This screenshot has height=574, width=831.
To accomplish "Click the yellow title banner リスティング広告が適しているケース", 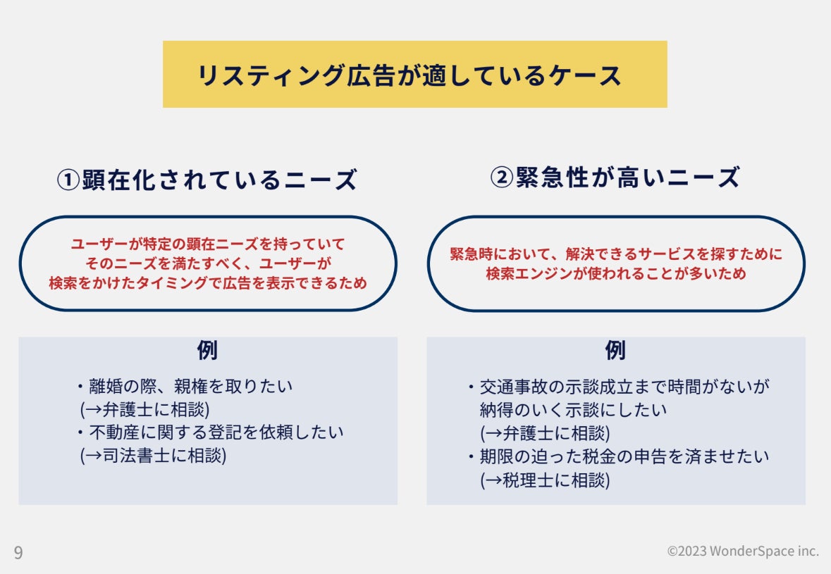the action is point(414,75).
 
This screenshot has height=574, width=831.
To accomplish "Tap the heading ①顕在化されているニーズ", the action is point(207,180).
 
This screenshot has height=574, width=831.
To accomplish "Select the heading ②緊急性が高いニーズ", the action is point(615,177).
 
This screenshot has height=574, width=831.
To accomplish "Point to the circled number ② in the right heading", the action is point(502,178).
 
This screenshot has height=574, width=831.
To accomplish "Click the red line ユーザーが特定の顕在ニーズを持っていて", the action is point(208,244).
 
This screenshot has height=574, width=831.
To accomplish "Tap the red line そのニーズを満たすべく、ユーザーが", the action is point(208,264).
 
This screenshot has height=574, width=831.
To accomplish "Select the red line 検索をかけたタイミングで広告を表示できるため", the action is point(208,283).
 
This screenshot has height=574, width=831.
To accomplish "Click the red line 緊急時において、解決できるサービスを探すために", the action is point(616,254).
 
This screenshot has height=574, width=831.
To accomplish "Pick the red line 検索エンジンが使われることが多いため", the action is point(616,274).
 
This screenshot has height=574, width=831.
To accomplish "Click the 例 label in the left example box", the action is point(207,350).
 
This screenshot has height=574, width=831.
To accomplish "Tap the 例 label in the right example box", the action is point(615,350).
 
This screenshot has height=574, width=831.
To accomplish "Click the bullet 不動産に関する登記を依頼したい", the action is point(211,432).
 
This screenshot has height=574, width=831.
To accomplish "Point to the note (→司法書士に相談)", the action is point(153,455).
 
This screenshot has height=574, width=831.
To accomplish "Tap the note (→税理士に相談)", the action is point(545,480).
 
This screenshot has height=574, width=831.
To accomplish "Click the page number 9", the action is point(18,552).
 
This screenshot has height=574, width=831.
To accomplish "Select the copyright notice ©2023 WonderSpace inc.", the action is point(743,551).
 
